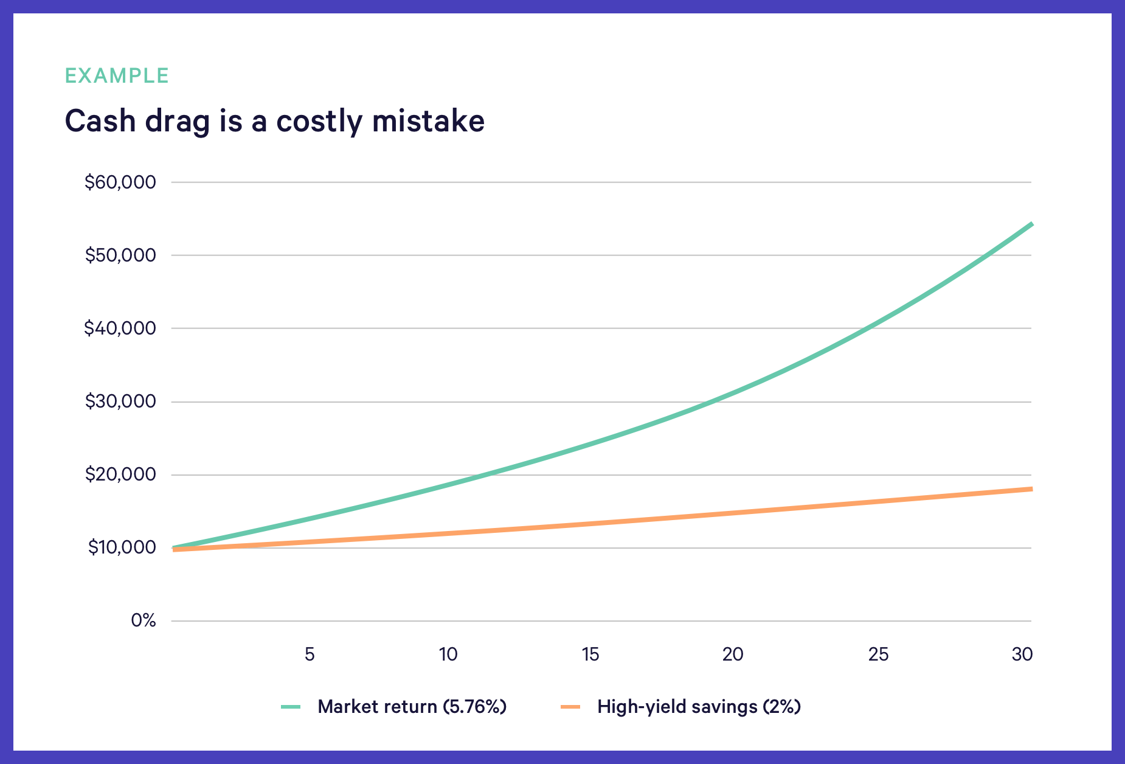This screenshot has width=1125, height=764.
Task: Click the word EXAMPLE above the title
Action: point(117,75)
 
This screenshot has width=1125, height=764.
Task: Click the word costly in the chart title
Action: point(319,121)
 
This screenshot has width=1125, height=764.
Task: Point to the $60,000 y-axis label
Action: point(120,182)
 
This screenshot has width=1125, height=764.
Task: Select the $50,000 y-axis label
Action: point(120,255)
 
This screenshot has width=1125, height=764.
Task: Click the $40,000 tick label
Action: point(120,328)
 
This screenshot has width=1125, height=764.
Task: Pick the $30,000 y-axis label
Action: point(120,401)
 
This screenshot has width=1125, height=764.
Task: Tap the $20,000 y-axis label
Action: point(120,474)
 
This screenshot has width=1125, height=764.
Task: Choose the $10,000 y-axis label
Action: point(122,547)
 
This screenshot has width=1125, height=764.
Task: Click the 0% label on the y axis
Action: point(144,620)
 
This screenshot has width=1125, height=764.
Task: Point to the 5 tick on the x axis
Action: point(310,655)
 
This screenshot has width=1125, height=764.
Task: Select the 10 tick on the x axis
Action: point(448,655)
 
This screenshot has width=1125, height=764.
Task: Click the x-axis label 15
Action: point(590,655)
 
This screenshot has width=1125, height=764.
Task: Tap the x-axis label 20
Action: point(733,655)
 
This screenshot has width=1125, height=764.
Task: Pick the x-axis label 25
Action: point(879,655)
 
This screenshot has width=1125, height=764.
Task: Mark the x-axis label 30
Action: point(1022,655)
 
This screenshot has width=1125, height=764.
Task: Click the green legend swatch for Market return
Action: point(291,707)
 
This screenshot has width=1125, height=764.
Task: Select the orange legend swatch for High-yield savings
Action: point(570,707)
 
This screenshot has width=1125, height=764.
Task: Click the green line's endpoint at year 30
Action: point(1031,224)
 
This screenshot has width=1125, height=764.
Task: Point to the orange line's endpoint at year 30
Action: point(1031,488)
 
